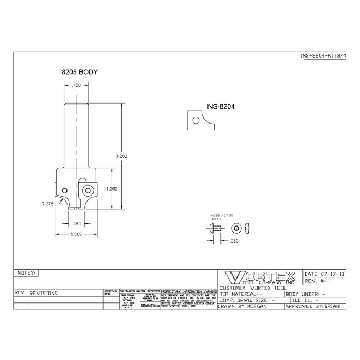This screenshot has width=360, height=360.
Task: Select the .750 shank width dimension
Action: [x=78, y=85]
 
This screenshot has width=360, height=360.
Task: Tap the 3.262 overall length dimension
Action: [x=122, y=156]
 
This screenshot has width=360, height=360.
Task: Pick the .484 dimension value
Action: [x=78, y=223]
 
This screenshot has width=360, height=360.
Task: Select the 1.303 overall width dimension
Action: [x=78, y=234]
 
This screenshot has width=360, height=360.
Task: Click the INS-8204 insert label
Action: [x=220, y=106]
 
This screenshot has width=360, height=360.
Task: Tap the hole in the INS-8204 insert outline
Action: [x=194, y=120]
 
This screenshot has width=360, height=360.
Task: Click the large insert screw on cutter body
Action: [x=87, y=190]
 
